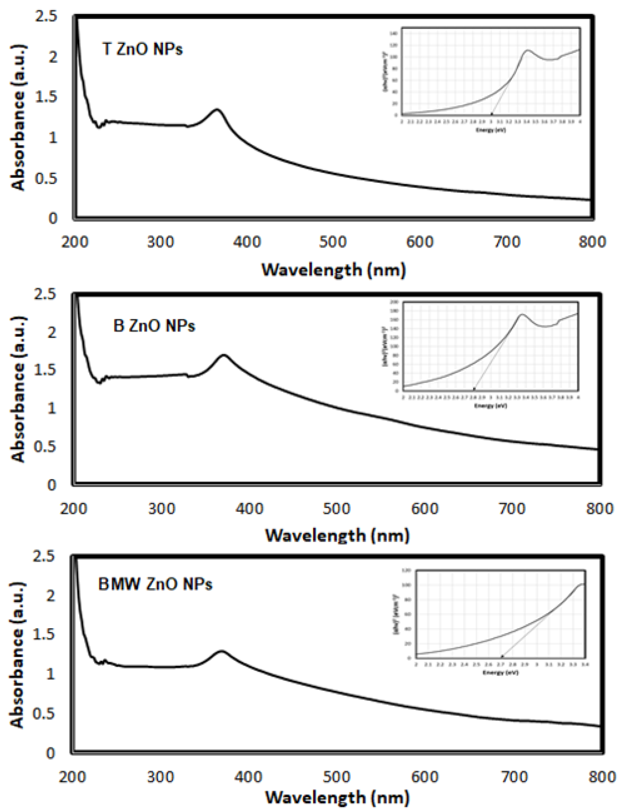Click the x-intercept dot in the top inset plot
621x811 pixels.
[x=492, y=114]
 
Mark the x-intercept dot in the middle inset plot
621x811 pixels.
[x=474, y=389]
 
